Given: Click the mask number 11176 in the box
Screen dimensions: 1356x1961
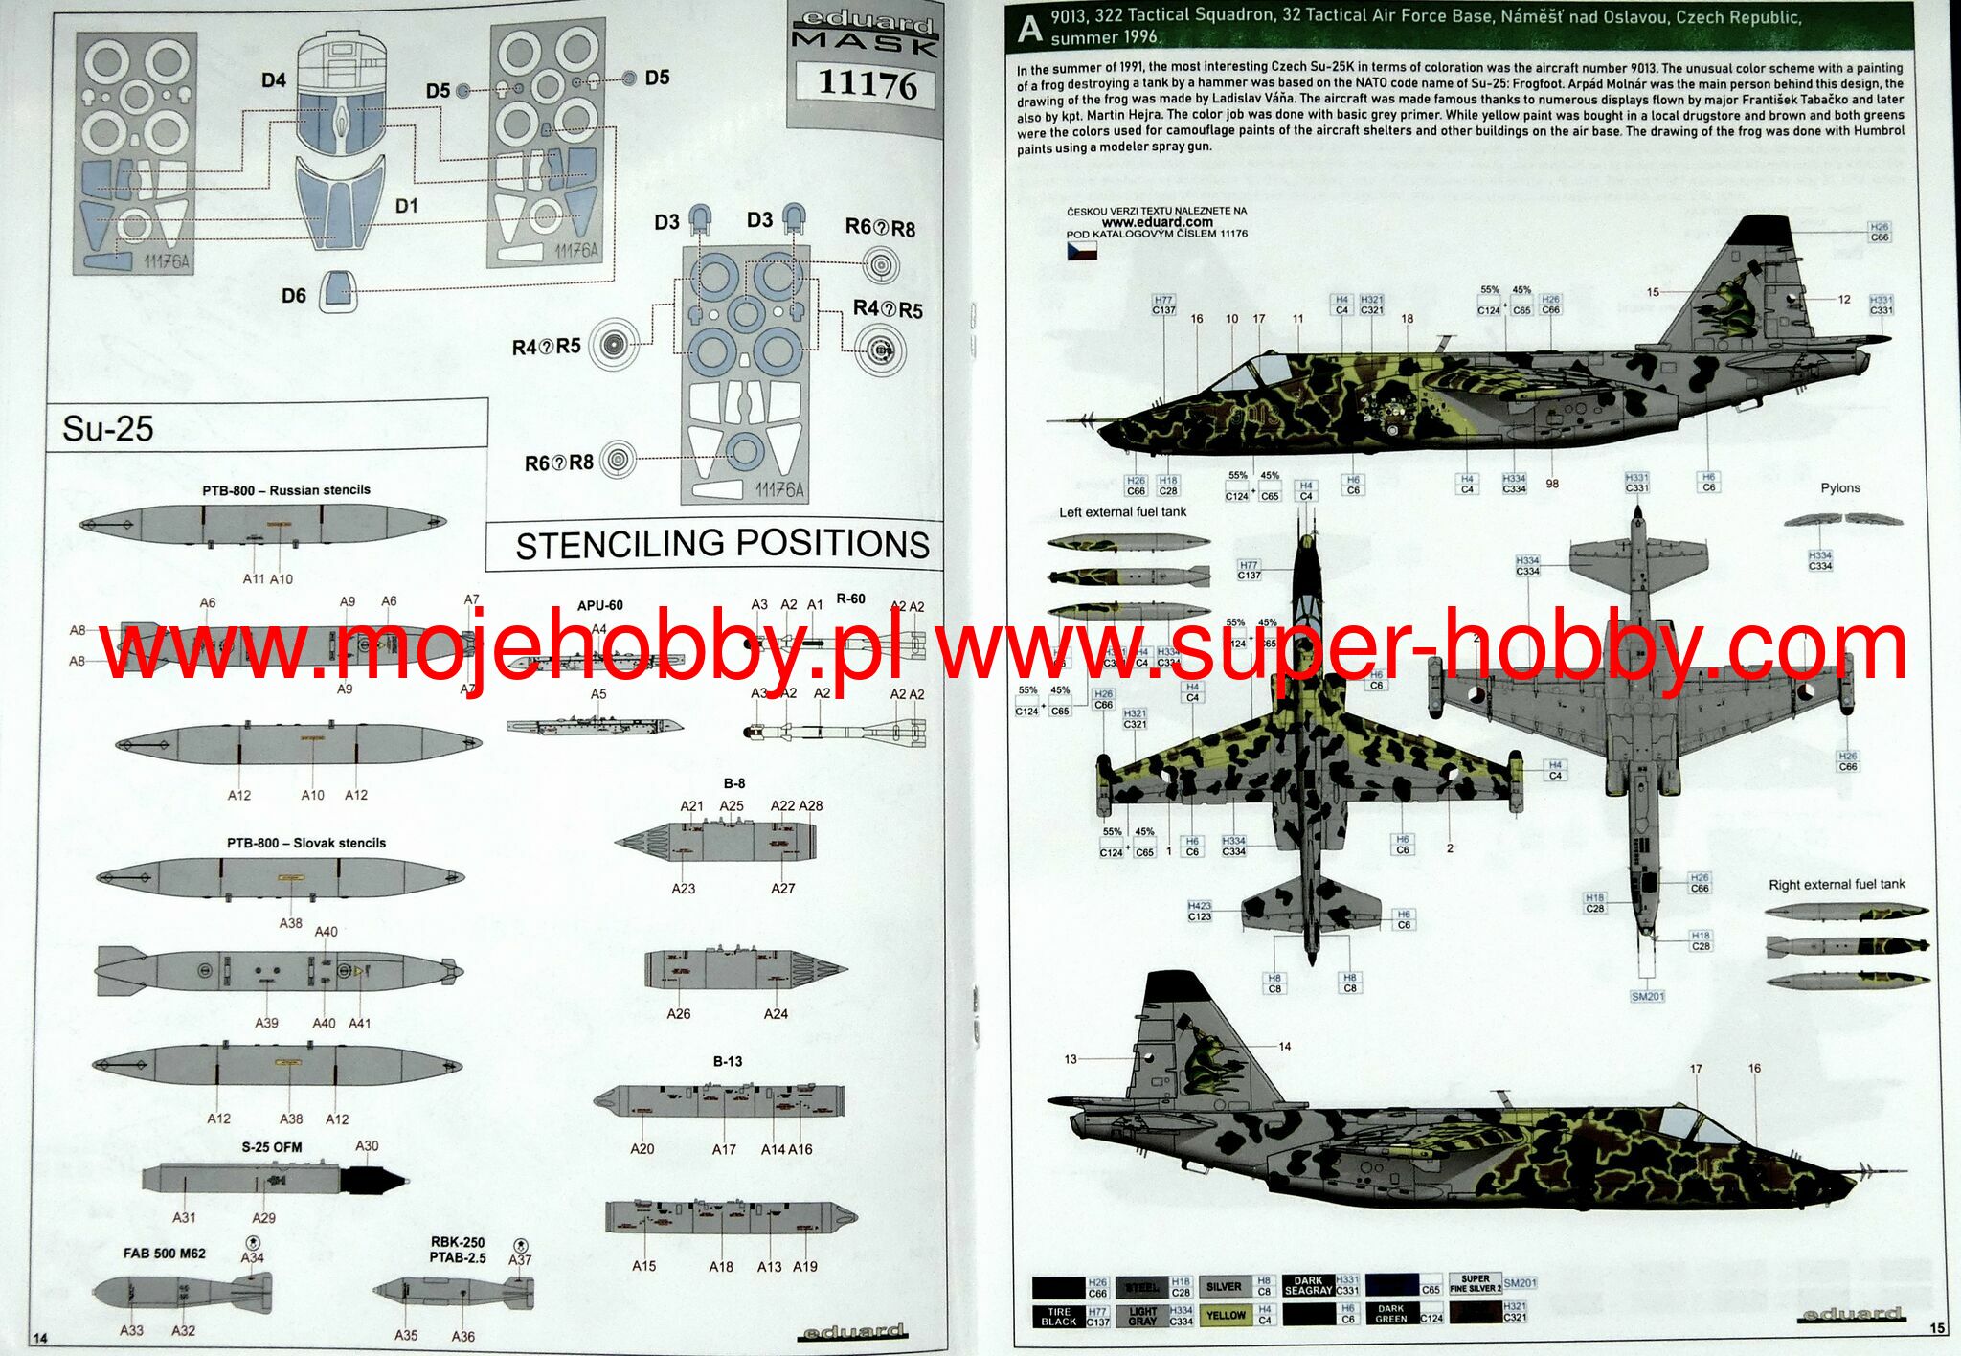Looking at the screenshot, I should [x=868, y=85].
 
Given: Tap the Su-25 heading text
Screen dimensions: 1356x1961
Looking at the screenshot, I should [x=108, y=428].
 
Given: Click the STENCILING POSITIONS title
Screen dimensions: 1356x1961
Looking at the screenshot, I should [x=722, y=545].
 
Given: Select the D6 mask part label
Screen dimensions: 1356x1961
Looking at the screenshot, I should [x=293, y=296].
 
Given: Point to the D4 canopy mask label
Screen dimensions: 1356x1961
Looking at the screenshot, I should [x=274, y=80].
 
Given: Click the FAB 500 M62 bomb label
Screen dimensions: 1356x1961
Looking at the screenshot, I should [x=164, y=1254].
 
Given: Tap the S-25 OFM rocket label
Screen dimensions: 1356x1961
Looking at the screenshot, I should [x=271, y=1147].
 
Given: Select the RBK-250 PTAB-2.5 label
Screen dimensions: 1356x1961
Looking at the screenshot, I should [x=458, y=1250].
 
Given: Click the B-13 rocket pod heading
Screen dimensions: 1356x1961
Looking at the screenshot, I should [x=727, y=1062].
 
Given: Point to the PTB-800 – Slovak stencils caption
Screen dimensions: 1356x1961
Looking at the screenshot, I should [x=306, y=844].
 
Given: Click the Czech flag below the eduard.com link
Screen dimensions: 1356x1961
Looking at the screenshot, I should [x=1082, y=252].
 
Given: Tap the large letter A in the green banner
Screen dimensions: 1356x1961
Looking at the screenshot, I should [x=1029, y=30].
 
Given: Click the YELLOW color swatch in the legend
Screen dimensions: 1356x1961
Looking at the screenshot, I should [x=1226, y=1316].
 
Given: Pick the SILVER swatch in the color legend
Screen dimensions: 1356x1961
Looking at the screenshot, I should [x=1224, y=1287].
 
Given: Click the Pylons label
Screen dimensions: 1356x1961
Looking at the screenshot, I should [x=1839, y=488].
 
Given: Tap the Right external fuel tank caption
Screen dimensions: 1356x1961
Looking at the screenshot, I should [x=1837, y=885].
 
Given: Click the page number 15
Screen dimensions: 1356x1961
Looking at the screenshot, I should [x=1937, y=1328].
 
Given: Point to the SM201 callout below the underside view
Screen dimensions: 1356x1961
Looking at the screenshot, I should [x=1647, y=997].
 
